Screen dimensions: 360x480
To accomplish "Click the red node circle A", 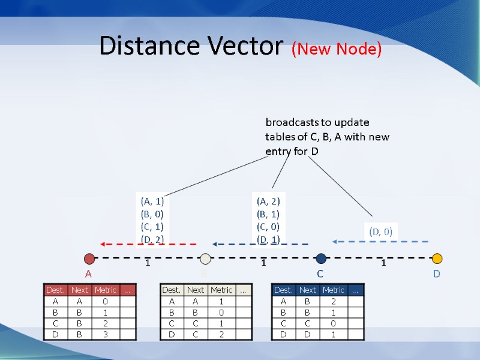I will point(89,259).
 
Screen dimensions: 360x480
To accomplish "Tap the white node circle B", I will point(205,259).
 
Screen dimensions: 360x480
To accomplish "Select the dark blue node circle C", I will point(321,259).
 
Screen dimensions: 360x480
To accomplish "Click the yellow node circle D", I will point(437,259).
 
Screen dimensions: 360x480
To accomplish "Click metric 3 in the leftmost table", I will point(105,334).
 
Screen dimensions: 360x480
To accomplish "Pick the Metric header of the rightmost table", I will point(333,290).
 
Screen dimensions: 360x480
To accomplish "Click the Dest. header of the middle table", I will point(172,290).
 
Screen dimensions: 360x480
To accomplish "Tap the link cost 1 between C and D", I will point(384,263).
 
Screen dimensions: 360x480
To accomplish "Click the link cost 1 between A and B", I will point(147,263).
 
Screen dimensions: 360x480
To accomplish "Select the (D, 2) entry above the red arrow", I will point(152,239).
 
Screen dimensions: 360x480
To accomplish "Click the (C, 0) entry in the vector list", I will point(268,227).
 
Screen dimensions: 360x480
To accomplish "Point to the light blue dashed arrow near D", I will point(380,242).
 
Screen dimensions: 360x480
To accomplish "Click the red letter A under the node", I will point(88,274).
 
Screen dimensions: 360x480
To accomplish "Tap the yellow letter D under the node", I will point(436,274).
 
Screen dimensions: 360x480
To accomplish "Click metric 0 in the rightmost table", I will point(333,323).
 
